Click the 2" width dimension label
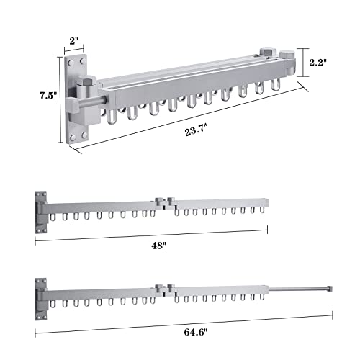[x=74, y=41]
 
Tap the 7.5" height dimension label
[x=48, y=96]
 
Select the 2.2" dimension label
[x=318, y=63]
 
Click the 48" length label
[x=158, y=246]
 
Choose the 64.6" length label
[x=195, y=332]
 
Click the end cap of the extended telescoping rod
[x=330, y=288]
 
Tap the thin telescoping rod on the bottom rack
[x=298, y=289]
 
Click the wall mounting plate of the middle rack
[x=41, y=212]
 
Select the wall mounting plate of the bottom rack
[x=41, y=300]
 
